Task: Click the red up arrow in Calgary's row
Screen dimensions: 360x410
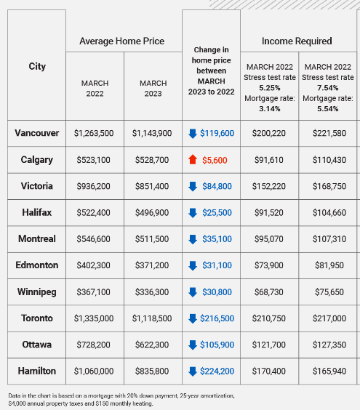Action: click(193, 159)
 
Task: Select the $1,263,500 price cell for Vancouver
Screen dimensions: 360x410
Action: click(94, 133)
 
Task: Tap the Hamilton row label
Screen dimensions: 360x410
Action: click(37, 371)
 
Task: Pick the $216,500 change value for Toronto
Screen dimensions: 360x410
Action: click(217, 318)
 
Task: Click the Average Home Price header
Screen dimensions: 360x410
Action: click(122, 41)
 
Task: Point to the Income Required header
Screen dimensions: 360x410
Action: click(297, 41)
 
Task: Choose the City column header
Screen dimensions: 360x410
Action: click(37, 66)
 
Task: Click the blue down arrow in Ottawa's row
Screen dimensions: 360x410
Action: click(193, 345)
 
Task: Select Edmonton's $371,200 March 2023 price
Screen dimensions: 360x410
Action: click(152, 265)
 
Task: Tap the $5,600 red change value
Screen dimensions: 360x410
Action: click(215, 160)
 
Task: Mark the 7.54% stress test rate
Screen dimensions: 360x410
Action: click(328, 88)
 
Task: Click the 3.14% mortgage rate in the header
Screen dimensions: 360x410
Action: click(270, 109)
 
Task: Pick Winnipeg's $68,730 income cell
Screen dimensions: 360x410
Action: click(269, 292)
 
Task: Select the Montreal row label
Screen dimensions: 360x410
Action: click(37, 238)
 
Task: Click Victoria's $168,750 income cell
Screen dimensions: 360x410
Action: click(329, 186)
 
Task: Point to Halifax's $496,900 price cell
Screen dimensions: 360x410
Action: click(152, 212)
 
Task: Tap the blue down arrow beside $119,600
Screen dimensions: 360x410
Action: click(193, 133)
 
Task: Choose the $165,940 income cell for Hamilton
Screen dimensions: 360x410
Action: click(329, 371)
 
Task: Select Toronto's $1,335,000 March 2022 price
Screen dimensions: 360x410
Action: click(94, 318)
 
